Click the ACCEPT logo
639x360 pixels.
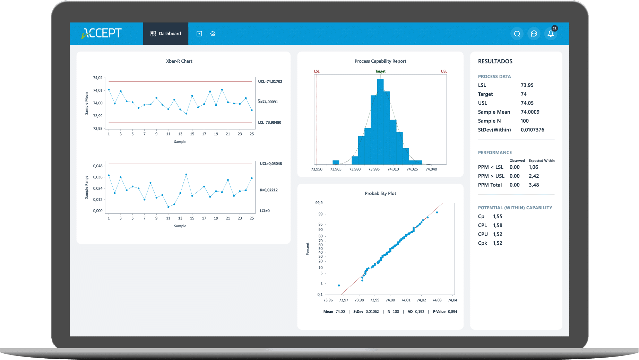tap(102, 33)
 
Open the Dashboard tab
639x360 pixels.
tap(166, 34)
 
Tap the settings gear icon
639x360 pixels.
tap(213, 34)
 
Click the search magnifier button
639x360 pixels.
tap(517, 34)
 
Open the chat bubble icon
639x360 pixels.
tap(534, 34)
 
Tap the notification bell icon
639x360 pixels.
tap(551, 34)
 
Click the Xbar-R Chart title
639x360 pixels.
tap(179, 61)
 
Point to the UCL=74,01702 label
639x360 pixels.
tap(270, 81)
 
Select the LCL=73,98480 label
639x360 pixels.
tap(269, 122)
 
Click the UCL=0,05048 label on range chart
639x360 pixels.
tap(271, 164)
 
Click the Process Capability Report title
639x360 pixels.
tap(380, 61)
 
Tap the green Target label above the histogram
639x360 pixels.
tap(380, 71)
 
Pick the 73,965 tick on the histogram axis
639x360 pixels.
tap(336, 169)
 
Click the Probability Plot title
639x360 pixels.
tap(380, 193)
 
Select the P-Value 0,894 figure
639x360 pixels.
tap(452, 311)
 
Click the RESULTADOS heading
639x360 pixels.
tap(495, 61)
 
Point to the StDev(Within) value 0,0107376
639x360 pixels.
tap(532, 130)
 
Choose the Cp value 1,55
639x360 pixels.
tap(498, 216)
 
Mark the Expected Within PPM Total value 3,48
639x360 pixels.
tap(534, 185)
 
